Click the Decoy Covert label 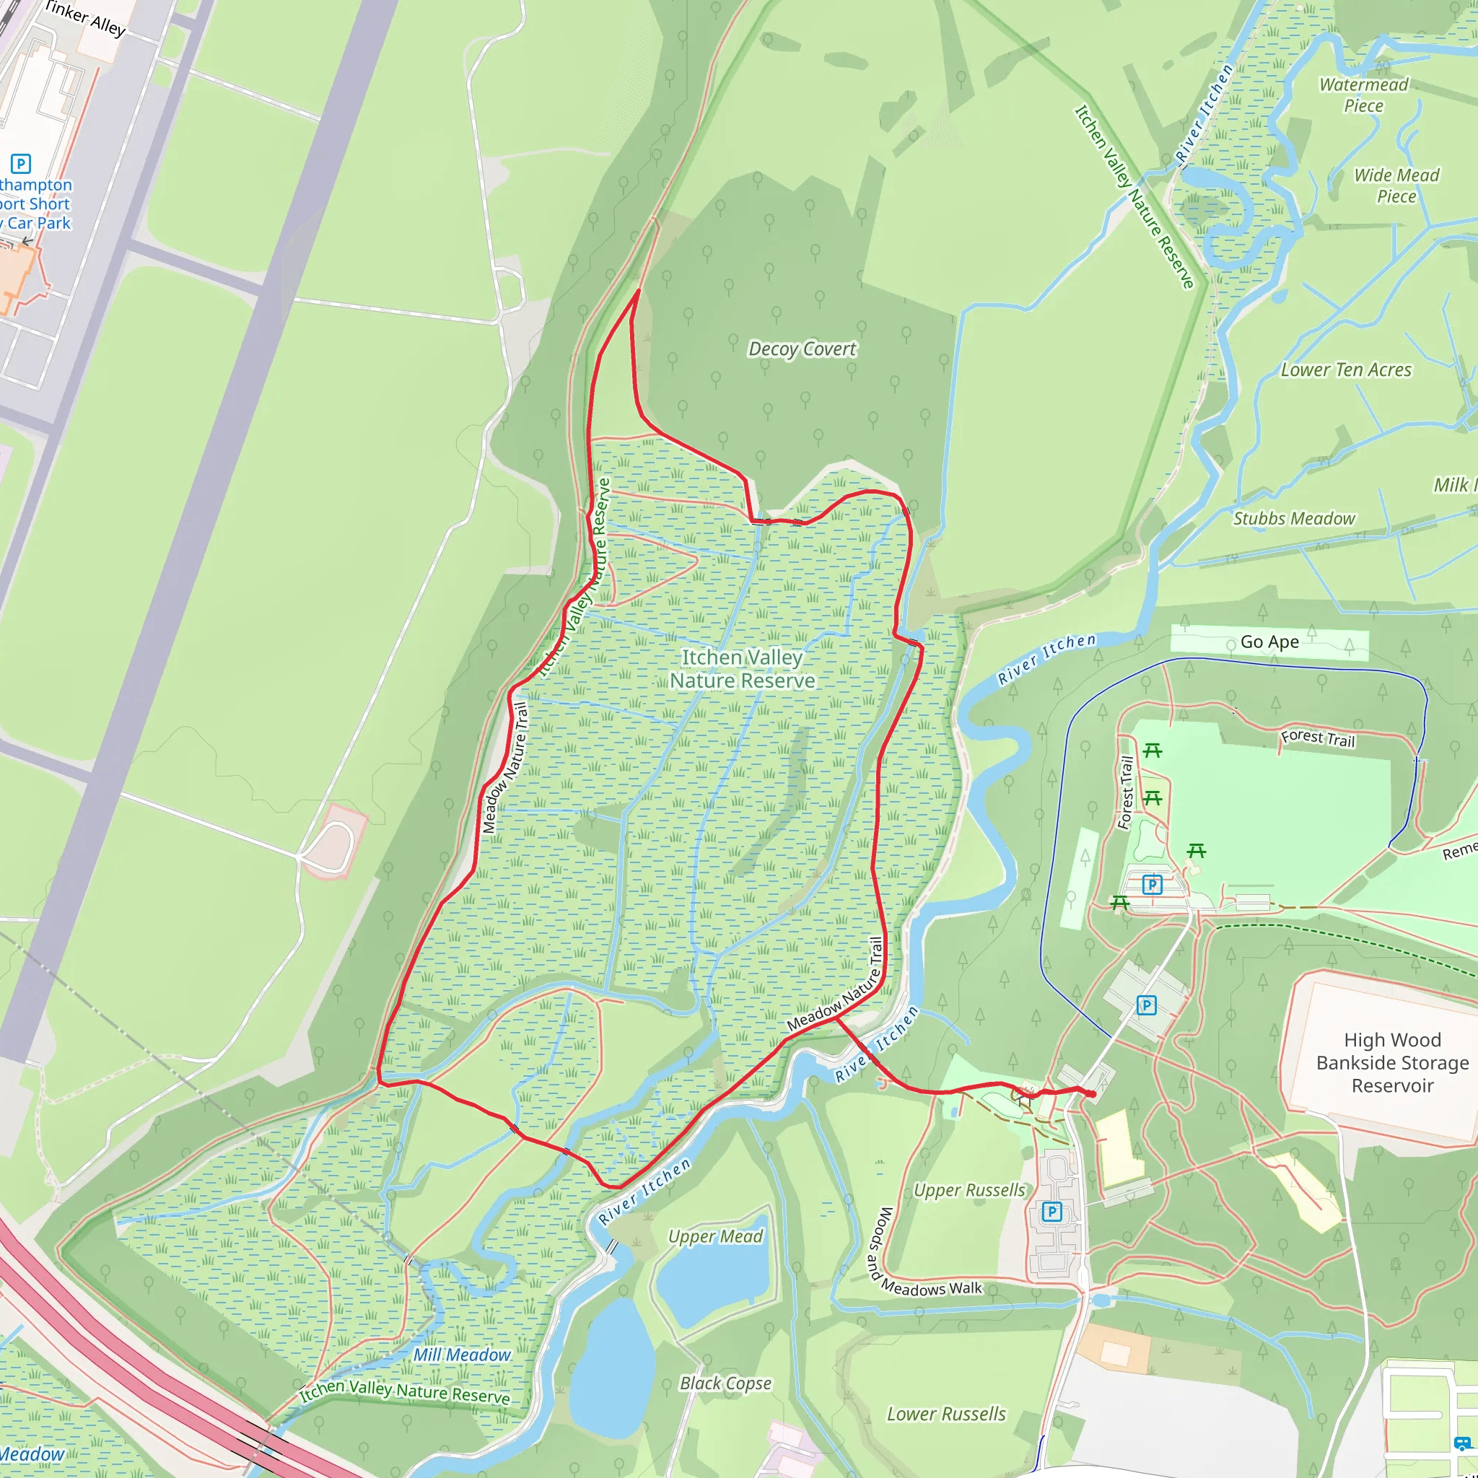point(802,349)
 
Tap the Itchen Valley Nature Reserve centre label point(742,668)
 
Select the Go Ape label point(1269,642)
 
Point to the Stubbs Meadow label point(1294,519)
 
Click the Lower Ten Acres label point(1346,370)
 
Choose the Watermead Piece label point(1363,95)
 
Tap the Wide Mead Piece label point(1396,186)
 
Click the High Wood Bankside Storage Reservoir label point(1392,1062)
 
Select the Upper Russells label point(968,1190)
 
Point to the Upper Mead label point(715,1236)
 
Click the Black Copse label point(725,1383)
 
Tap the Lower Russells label point(945,1414)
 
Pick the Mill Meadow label point(461,1355)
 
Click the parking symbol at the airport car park point(21,164)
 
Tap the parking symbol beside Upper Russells point(1052,1212)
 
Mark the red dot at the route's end point(1092,1095)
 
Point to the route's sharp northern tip point(638,292)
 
